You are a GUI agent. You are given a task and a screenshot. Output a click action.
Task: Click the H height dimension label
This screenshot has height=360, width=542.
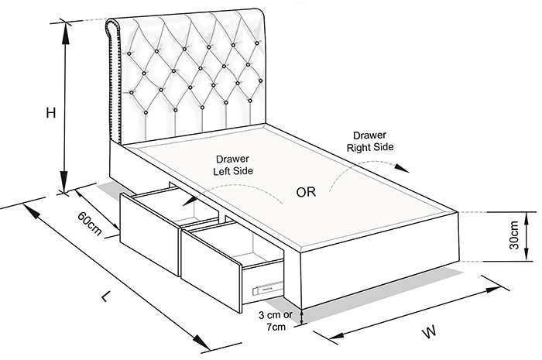pos(51,112)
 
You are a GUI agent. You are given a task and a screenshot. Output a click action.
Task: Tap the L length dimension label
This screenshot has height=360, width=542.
pos(107,296)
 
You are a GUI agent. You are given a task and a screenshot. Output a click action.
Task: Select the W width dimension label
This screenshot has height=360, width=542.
pos(429,332)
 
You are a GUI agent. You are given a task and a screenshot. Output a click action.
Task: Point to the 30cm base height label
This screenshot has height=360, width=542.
pos(513,235)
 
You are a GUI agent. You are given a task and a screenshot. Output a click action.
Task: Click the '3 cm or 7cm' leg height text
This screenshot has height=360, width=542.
pos(276,321)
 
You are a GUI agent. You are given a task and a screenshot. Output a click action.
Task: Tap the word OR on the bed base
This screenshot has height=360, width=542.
pos(306,192)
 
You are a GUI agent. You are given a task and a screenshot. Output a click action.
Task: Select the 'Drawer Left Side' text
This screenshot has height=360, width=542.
pos(233,165)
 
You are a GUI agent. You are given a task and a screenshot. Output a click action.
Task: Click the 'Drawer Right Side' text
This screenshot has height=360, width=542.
pos(370,141)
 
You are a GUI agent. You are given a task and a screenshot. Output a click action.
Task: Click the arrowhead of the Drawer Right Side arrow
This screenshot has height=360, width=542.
pos(402,168)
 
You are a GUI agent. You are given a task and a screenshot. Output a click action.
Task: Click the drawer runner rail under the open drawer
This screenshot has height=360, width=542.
pos(268,287)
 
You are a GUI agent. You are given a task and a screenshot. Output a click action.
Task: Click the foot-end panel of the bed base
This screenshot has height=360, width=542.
pos(379,259)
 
